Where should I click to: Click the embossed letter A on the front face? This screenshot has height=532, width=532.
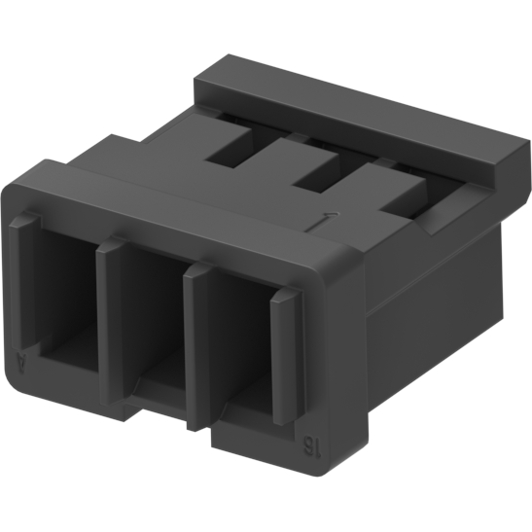23,366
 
